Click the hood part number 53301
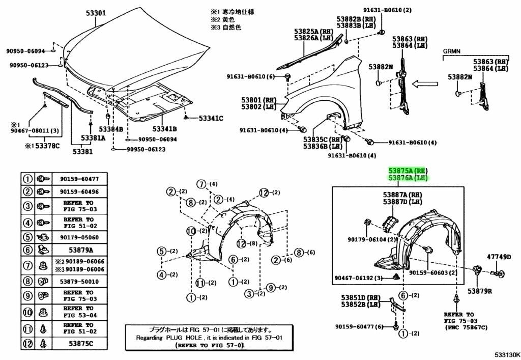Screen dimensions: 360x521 pyautogui.click(x=92, y=14)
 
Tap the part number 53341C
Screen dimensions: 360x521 pyautogui.click(x=210, y=118)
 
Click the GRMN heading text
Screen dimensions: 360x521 pyautogui.click(x=451, y=52)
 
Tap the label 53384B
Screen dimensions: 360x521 pyautogui.click(x=111, y=129)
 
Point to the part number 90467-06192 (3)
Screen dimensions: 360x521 pyautogui.click(x=358, y=278)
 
